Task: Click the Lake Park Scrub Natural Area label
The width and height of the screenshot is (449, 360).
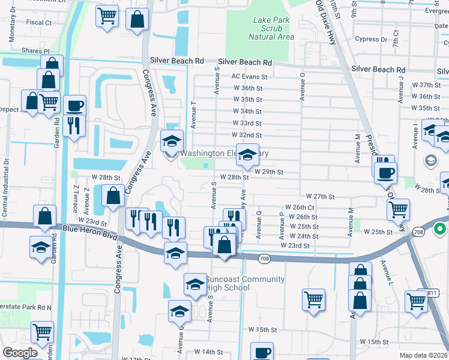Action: tap(273, 28)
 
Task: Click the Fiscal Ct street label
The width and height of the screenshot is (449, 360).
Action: tap(39, 22)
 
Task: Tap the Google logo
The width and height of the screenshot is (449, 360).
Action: tap(20, 353)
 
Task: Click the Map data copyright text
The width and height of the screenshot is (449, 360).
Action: tap(424, 355)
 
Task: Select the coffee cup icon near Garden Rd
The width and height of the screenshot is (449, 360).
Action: tap(74, 106)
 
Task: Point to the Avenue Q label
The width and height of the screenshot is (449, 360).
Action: tap(259, 224)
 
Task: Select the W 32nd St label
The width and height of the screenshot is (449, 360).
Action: tap(247, 136)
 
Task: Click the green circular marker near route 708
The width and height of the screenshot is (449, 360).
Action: tap(439, 229)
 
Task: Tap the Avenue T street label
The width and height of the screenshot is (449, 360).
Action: tap(193, 114)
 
